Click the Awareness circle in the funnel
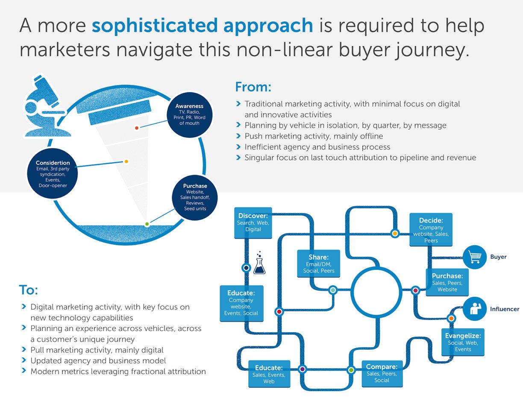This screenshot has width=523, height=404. click(189, 115)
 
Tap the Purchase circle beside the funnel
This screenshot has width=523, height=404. click(195, 197)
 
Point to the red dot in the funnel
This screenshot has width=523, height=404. click(137, 128)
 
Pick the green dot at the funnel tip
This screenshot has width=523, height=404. click(147, 224)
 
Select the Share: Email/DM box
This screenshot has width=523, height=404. click(318, 263)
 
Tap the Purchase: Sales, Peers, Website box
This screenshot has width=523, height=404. click(447, 282)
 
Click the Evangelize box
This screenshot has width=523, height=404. click(463, 342)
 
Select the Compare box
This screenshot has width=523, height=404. click(382, 373)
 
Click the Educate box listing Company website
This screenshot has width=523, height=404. click(241, 303)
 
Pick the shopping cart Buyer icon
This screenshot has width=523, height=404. click(475, 257)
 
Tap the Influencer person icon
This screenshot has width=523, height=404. click(475, 309)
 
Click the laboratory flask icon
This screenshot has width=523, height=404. click(259, 265)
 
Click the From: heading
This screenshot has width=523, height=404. click(253, 87)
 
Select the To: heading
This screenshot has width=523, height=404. click(28, 290)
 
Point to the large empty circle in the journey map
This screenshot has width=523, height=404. click(376, 292)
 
